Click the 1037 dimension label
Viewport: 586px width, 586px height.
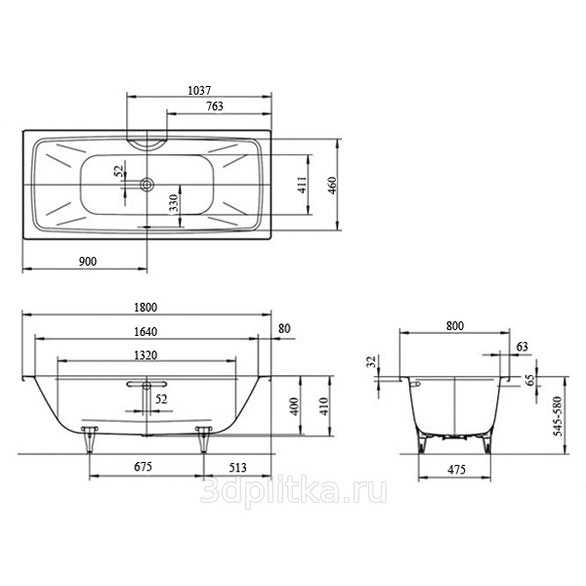(x=199, y=91)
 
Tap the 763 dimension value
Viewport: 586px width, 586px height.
(x=215, y=106)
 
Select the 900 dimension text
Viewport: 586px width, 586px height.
(x=88, y=262)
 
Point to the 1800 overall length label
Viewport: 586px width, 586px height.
(x=146, y=308)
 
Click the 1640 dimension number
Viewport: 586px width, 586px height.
(x=146, y=332)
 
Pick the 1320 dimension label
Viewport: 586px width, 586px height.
(x=146, y=356)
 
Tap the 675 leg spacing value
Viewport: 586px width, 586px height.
(x=143, y=467)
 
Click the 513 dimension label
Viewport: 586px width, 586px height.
(x=237, y=468)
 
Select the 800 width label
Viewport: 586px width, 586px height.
(x=455, y=326)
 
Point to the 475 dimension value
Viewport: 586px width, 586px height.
(x=456, y=470)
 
